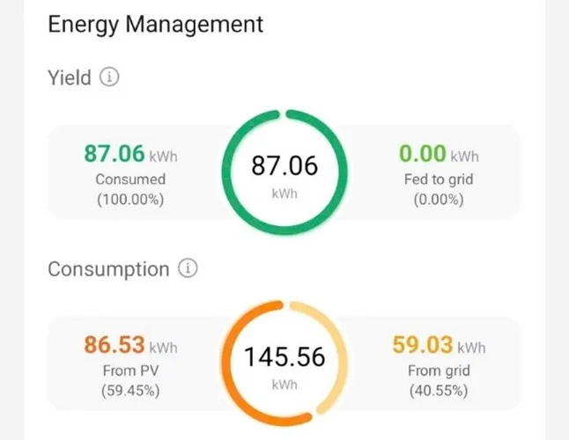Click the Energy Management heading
(155, 24)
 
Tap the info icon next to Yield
(109, 77)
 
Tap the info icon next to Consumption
(188, 268)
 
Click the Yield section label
(69, 77)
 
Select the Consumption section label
(107, 268)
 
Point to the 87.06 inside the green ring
(284, 165)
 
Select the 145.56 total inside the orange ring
(284, 356)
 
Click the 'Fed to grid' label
(438, 180)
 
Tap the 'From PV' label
(130, 370)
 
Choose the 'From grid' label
(438, 370)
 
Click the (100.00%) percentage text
(130, 199)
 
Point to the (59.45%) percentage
(130, 390)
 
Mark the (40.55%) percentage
(438, 390)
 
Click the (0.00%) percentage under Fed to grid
(438, 199)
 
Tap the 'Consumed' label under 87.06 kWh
(130, 180)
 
